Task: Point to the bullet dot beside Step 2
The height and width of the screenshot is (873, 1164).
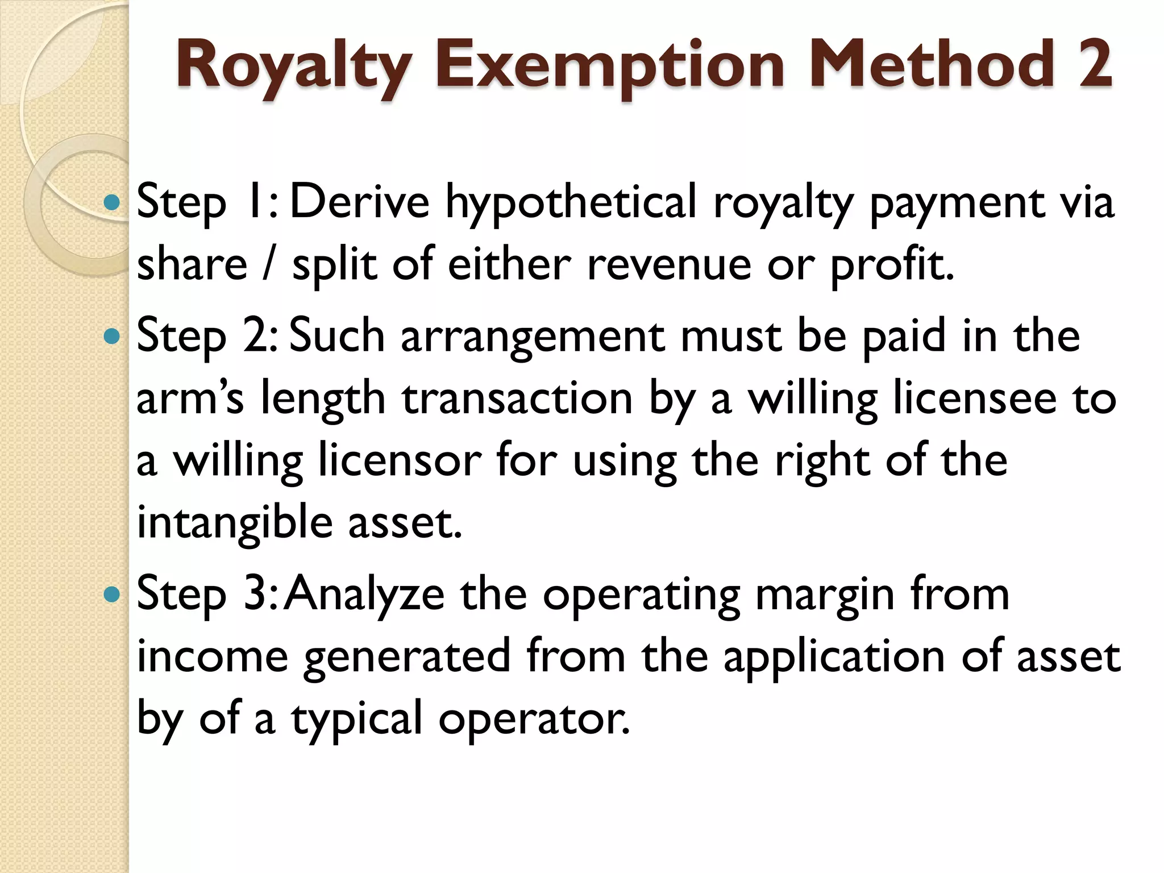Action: pos(113,336)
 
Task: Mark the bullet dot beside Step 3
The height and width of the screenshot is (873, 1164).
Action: pos(113,595)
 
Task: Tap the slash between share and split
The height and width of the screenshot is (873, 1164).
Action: pos(269,264)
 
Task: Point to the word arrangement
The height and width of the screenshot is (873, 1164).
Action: pos(533,337)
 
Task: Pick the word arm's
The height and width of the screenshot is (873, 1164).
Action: pos(190,398)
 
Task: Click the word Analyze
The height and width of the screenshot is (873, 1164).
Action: pos(365,596)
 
